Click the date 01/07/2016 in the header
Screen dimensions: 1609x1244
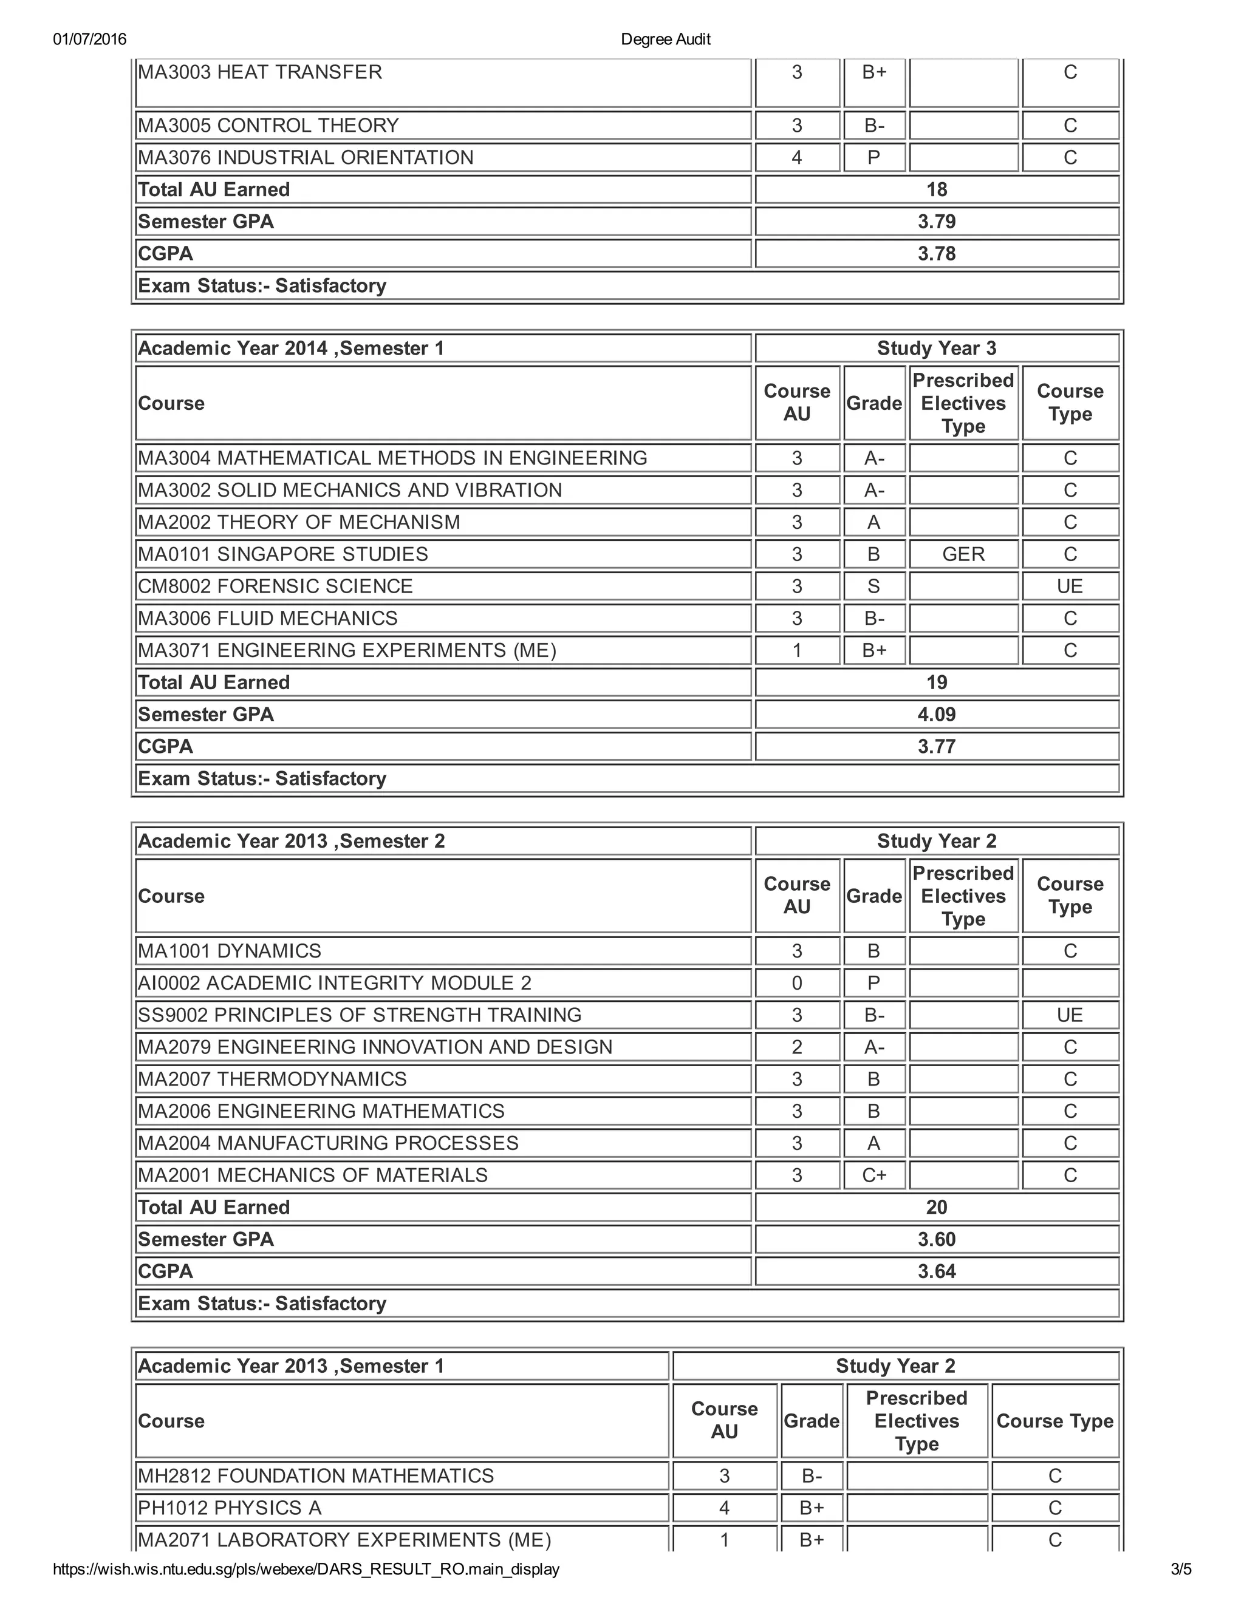tap(89, 39)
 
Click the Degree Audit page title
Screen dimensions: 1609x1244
tap(666, 39)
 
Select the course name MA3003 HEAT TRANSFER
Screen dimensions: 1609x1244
tap(260, 72)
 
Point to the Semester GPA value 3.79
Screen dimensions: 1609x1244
tap(937, 222)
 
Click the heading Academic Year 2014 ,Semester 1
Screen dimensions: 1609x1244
tap(291, 349)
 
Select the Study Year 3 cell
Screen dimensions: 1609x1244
tap(937, 349)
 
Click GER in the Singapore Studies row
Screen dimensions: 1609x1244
tap(963, 554)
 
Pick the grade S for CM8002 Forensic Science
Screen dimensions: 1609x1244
tap(874, 587)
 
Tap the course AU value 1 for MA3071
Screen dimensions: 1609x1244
tap(797, 650)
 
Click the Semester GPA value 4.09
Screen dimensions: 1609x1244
tap(937, 715)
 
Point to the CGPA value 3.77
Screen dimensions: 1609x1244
tap(937, 746)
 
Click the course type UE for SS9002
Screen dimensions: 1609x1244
tap(1069, 1015)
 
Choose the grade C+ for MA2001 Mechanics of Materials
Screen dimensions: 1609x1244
tap(874, 1175)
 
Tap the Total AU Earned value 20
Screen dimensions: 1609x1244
tap(937, 1208)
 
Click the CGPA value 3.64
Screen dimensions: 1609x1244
tap(937, 1271)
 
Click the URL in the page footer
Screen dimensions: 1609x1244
tap(306, 1569)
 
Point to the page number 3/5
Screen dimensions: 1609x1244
tap(1181, 1569)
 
